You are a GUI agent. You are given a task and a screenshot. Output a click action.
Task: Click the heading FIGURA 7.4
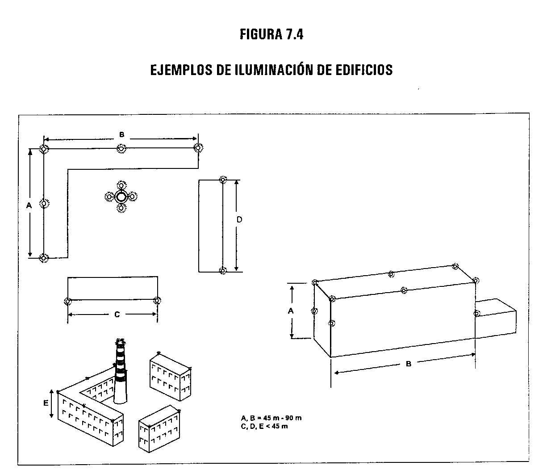tap(271, 34)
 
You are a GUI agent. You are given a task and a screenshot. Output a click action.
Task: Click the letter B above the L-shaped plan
tap(121, 134)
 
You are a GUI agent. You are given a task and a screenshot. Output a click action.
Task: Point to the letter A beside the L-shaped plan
tap(29, 206)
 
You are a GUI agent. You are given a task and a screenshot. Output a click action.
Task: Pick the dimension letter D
tap(239, 219)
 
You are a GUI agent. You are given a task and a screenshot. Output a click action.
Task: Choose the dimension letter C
tap(117, 315)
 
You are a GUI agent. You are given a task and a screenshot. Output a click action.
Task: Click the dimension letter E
tap(46, 403)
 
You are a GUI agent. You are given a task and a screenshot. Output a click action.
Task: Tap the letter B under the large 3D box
tap(409, 364)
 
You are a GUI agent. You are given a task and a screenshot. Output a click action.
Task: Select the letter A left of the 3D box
tap(291, 311)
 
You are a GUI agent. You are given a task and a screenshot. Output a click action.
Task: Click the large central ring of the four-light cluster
tap(121, 197)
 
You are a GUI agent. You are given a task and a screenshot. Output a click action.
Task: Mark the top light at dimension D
tap(223, 180)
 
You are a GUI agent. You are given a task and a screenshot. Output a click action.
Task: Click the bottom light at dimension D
tap(223, 270)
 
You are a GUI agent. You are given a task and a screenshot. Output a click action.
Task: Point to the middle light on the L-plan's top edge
tap(121, 149)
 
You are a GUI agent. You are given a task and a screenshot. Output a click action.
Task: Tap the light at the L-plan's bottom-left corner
tap(44, 258)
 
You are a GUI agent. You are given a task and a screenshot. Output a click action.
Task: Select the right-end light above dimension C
tap(157, 300)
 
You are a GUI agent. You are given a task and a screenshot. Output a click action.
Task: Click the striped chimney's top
tap(120, 341)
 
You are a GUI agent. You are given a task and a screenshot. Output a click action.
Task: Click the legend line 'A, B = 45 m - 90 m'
tap(271, 418)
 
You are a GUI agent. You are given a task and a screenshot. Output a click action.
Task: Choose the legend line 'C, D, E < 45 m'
tap(264, 426)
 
